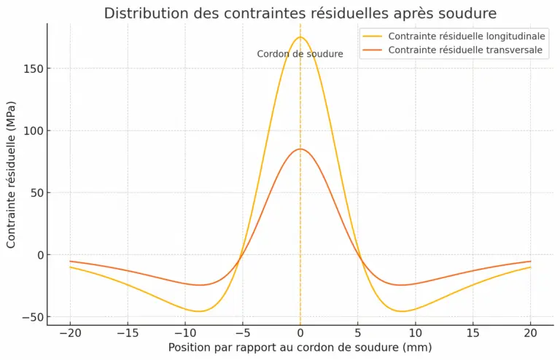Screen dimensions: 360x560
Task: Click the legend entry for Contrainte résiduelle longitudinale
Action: click(x=467, y=36)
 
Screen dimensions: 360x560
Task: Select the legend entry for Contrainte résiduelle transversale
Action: click(x=465, y=50)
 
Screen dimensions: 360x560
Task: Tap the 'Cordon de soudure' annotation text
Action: click(x=300, y=54)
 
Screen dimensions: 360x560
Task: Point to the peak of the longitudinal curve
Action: click(x=300, y=37)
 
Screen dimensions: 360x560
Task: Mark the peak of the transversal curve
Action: click(x=300, y=149)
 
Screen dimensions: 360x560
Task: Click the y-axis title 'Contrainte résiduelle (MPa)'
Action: click(x=11, y=175)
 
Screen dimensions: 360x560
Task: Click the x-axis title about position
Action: click(x=300, y=348)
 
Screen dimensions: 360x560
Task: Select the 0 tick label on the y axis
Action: click(x=39, y=255)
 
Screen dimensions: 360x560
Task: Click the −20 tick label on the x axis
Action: click(x=70, y=332)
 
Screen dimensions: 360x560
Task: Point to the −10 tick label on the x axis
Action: click(x=185, y=332)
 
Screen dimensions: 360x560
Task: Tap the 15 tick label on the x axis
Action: click(x=473, y=332)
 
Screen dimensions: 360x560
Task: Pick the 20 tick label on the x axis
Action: click(x=531, y=332)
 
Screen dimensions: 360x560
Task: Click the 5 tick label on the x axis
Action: click(x=358, y=332)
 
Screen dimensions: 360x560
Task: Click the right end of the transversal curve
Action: click(x=530, y=261)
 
